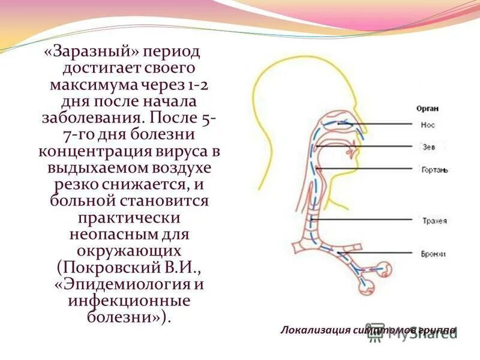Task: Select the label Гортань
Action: coord(433,169)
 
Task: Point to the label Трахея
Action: coord(433,221)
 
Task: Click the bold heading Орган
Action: coord(427,109)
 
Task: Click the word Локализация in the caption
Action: coord(310,330)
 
